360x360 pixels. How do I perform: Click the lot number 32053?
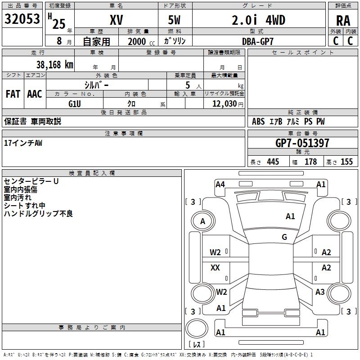pyautogui.click(x=22, y=19)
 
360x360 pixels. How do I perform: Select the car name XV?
pyautogui.click(x=116, y=20)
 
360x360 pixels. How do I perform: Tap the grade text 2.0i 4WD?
pyautogui.click(x=258, y=20)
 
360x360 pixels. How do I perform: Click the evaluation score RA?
pyautogui.click(x=343, y=21)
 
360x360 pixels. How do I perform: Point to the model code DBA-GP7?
pyautogui.click(x=258, y=41)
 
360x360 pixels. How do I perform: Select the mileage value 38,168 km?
pyautogui.click(x=54, y=64)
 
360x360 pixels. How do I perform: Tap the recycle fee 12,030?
pyautogui.click(x=224, y=104)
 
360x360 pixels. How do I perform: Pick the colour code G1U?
pyautogui.click(x=74, y=104)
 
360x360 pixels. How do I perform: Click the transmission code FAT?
pyautogui.click(x=13, y=94)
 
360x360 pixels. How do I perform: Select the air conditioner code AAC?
pyautogui.click(x=35, y=94)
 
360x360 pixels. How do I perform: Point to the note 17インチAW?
pyautogui.click(x=23, y=143)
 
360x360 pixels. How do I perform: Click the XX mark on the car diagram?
pyautogui.click(x=215, y=268)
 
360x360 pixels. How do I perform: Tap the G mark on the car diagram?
pyautogui.click(x=284, y=237)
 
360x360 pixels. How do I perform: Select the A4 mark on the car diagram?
pyautogui.click(x=220, y=184)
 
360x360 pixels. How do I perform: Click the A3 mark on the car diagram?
pyautogui.click(x=320, y=292)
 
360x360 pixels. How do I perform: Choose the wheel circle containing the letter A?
pyautogui.click(x=202, y=221)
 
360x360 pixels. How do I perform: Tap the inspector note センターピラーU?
pyautogui.click(x=31, y=181)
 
